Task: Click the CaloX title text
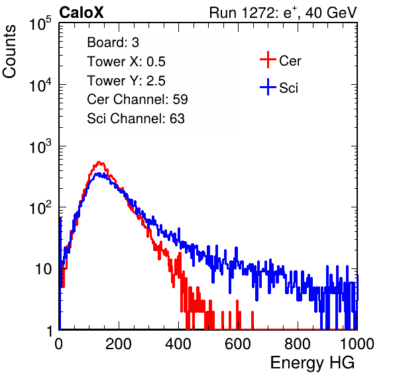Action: [x=81, y=13]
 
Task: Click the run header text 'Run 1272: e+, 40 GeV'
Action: [x=283, y=13]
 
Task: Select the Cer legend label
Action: [x=290, y=61]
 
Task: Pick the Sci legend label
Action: [x=288, y=88]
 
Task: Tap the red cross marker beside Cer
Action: [x=268, y=60]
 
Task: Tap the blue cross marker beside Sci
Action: [x=268, y=87]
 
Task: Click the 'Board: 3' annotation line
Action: [x=113, y=42]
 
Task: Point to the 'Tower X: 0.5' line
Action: [x=126, y=62]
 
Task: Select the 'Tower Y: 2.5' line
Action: [x=126, y=81]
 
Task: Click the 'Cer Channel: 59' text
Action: [x=137, y=99]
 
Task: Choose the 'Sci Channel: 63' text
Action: [x=136, y=119]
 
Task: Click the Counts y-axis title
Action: [x=9, y=52]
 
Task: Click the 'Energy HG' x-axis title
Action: [x=312, y=363]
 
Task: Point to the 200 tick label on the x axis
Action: [x=119, y=344]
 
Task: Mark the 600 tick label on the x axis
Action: [x=238, y=344]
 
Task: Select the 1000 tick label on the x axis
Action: [x=357, y=344]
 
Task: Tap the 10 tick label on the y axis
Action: [x=44, y=269]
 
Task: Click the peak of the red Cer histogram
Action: [x=99, y=162]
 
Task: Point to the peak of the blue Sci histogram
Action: [x=99, y=174]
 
